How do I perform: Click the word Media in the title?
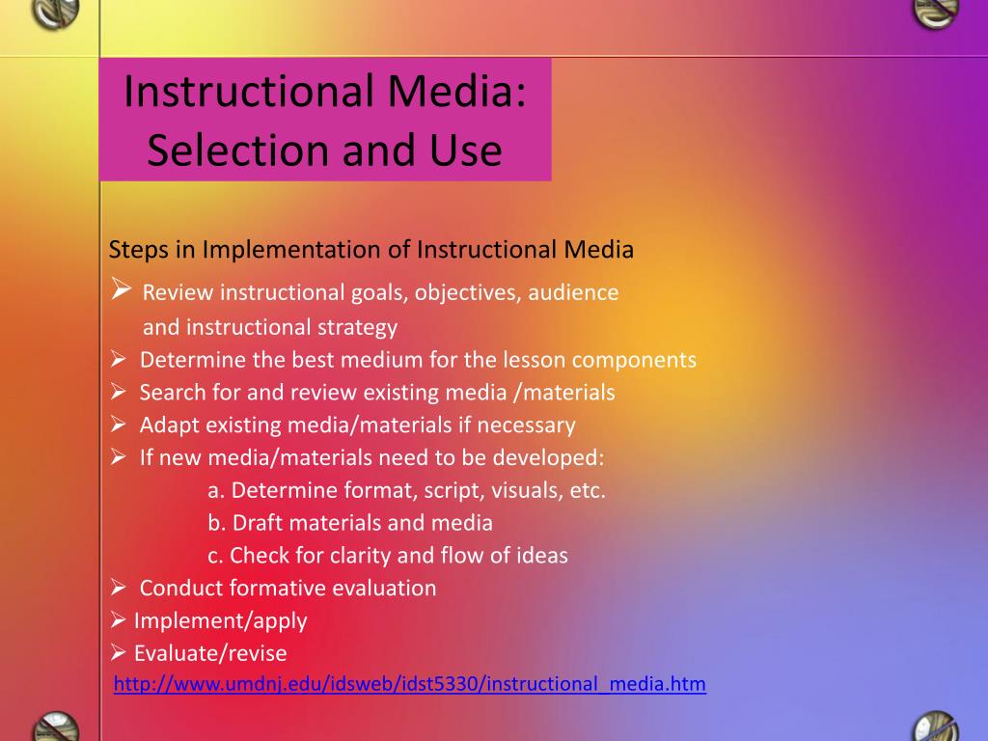[456, 91]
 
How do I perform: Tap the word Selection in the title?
[238, 151]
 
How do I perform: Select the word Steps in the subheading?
[139, 250]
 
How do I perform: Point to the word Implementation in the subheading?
[291, 250]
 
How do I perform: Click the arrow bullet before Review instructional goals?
[121, 288]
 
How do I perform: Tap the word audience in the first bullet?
[573, 292]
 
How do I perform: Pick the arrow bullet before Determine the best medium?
[119, 359]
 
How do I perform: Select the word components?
[634, 361]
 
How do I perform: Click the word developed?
[548, 457]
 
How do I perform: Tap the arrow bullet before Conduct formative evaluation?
[119, 588]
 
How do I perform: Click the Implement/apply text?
[221, 621]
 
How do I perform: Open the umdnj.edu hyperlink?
[409, 684]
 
